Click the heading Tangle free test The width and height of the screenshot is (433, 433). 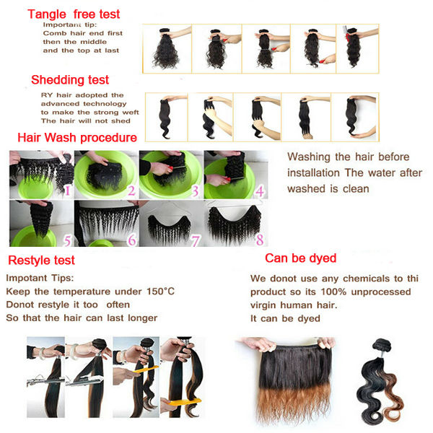pyautogui.click(x=74, y=14)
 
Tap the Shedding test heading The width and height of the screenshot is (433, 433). pyautogui.click(x=70, y=80)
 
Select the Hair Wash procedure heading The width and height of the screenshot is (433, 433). pyautogui.click(x=77, y=138)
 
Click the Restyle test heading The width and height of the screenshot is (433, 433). pyautogui.click(x=41, y=260)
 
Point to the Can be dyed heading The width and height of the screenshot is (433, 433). pyautogui.click(x=301, y=258)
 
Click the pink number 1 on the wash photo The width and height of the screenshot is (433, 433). pyautogui.click(x=67, y=190)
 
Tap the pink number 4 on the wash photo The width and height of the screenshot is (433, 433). pyautogui.click(x=259, y=191)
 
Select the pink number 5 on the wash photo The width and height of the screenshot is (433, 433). pyautogui.click(x=67, y=240)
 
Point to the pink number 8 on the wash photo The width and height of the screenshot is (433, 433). pyautogui.click(x=260, y=240)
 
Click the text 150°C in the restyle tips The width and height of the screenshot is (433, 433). pyautogui.click(x=160, y=292)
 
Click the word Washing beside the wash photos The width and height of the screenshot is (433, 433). pyautogui.click(x=309, y=157)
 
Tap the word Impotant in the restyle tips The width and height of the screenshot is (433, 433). pyautogui.click(x=25, y=278)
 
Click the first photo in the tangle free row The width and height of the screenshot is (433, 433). pyautogui.click(x=167, y=48)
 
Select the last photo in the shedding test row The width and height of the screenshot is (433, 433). pyautogui.click(x=355, y=117)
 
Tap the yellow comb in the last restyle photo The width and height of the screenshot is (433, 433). pyautogui.click(x=185, y=401)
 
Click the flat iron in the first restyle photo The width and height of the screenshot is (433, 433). pyautogui.click(x=45, y=381)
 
